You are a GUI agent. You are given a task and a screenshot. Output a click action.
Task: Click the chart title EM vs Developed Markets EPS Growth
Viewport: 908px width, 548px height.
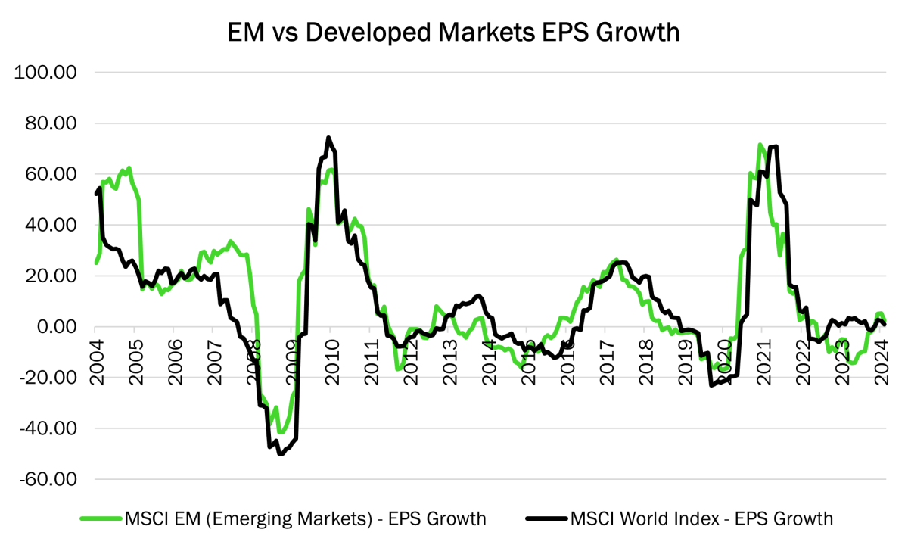(x=453, y=33)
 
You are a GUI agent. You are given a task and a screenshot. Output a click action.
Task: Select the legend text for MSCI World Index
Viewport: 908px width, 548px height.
(x=701, y=518)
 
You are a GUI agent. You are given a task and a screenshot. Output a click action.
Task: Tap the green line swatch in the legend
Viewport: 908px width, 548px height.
(x=100, y=518)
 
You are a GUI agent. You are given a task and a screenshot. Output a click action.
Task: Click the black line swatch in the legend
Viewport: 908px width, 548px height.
(x=545, y=518)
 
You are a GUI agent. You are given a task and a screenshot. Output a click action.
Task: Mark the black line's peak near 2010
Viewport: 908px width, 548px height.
(x=328, y=138)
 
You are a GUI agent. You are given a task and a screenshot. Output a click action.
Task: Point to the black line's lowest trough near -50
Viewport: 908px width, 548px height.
(x=281, y=453)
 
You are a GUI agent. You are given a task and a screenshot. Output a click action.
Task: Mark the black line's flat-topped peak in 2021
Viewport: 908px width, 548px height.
(x=773, y=147)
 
